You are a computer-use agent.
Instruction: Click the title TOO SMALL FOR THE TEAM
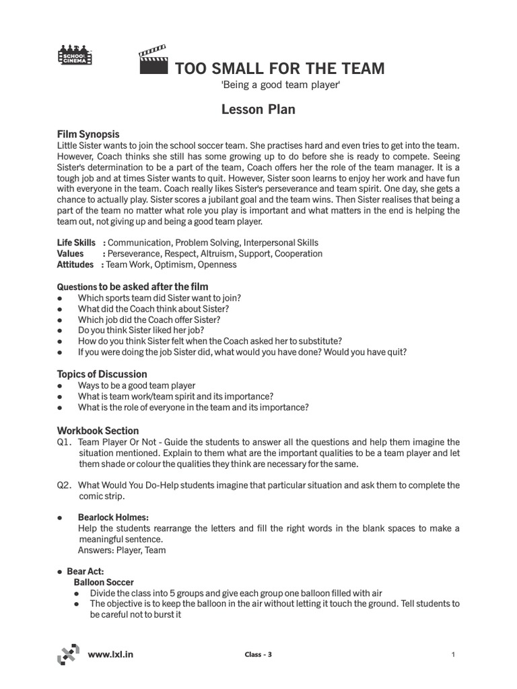coord(280,69)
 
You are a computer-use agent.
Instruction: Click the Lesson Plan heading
coord(258,109)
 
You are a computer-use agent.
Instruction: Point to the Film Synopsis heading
coord(88,135)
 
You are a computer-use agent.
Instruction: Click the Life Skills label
coord(76,242)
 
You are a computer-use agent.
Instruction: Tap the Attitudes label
coord(75,265)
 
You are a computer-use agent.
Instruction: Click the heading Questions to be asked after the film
coord(133,287)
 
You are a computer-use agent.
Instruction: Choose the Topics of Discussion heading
coord(102,374)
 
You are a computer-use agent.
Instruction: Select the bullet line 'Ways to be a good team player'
coord(137,386)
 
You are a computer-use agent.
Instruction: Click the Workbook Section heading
coord(98,431)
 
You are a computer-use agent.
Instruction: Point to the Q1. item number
coord(64,442)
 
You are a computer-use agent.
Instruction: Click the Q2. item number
coord(64,485)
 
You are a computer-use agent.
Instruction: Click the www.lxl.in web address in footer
coord(110,653)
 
